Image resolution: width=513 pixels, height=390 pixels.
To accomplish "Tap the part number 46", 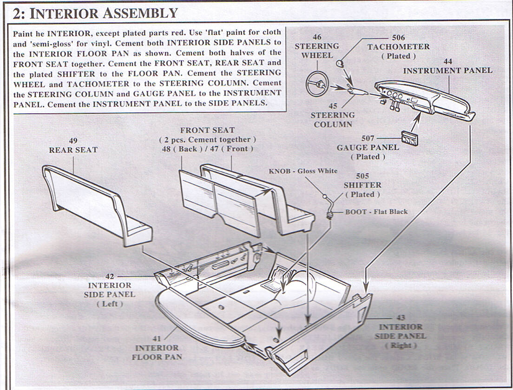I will [317, 37].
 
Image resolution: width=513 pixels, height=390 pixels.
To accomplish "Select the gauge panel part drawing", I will [410, 137].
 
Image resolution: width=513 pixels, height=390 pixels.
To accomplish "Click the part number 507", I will [368, 138].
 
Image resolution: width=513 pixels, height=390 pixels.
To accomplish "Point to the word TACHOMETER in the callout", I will [398, 47].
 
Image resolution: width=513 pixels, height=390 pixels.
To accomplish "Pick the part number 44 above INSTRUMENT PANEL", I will [448, 61].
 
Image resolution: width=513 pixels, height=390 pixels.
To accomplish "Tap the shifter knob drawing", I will [325, 197].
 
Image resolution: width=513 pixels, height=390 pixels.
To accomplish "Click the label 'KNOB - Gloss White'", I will [303, 171].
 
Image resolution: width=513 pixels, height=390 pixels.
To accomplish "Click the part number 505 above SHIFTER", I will [362, 176].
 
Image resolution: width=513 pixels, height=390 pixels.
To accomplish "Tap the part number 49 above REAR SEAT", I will [73, 141].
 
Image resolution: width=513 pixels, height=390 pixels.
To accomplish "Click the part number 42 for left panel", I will [110, 276].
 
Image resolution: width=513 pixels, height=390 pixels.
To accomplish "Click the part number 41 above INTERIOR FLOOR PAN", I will [157, 339].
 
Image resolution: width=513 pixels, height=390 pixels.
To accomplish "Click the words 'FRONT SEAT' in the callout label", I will [207, 130].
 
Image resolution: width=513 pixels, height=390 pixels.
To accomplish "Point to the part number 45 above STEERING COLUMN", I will [333, 106].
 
